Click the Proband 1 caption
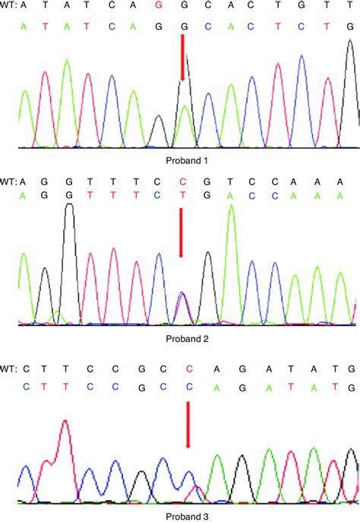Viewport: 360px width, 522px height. [x=186, y=160]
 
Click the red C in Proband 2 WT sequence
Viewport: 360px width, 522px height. [x=182, y=181]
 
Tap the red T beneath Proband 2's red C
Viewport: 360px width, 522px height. [x=182, y=196]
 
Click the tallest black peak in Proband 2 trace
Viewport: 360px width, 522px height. [x=69, y=209]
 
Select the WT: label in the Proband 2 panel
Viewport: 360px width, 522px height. [x=8, y=181]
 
